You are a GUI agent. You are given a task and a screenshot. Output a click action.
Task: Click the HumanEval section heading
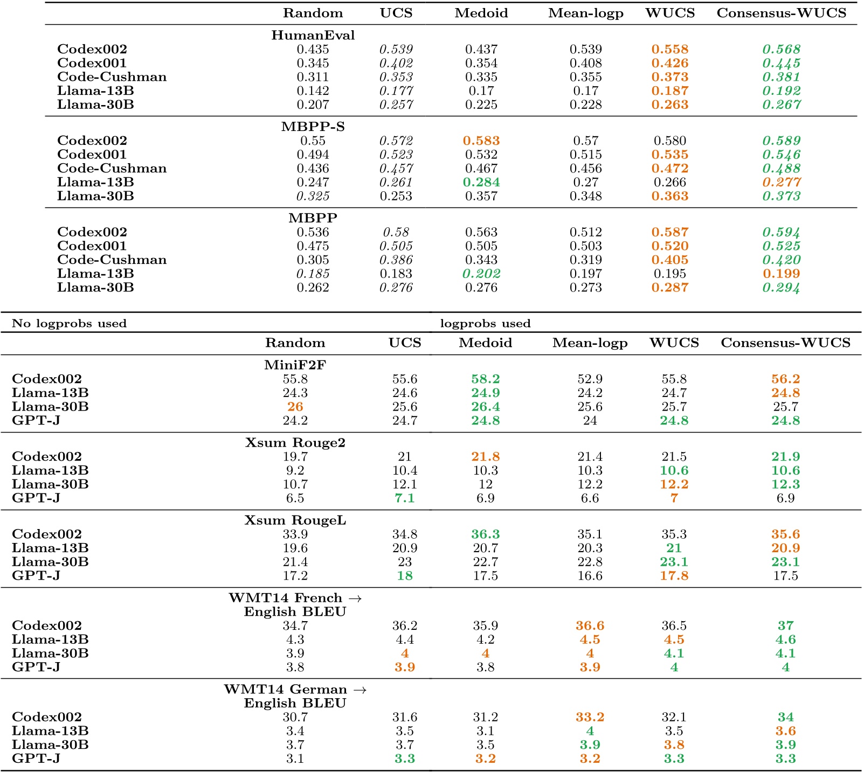313,36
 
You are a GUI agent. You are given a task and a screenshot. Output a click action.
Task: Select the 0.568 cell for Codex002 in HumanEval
781,50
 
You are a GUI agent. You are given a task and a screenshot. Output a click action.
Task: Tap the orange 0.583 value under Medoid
481,141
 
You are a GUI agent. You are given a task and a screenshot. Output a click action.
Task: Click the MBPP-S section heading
313,127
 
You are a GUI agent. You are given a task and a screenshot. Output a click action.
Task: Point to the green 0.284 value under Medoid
481,183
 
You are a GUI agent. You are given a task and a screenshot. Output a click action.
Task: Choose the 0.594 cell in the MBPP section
781,232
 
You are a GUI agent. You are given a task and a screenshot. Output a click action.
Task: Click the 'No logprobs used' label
69,323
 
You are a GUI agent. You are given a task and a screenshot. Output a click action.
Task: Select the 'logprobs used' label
485,323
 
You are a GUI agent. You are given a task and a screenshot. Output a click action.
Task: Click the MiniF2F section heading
295,365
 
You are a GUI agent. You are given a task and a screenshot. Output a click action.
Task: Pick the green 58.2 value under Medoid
485,379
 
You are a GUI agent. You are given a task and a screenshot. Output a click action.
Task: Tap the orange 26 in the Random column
295,407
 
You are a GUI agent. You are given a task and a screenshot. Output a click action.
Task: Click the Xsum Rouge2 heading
295,443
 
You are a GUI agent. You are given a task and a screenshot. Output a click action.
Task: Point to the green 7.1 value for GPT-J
404,498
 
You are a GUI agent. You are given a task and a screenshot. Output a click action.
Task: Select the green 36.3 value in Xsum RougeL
485,534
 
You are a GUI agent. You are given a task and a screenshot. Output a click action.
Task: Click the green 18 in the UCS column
404,576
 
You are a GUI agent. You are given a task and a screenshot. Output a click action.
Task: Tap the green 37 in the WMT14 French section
785,626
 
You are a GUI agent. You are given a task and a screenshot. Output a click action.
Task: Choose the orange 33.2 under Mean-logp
590,718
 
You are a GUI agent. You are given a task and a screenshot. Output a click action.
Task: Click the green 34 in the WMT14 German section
785,718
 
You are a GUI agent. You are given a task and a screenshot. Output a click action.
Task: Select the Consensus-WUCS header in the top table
781,13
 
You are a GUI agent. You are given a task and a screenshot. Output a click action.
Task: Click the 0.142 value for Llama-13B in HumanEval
313,91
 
